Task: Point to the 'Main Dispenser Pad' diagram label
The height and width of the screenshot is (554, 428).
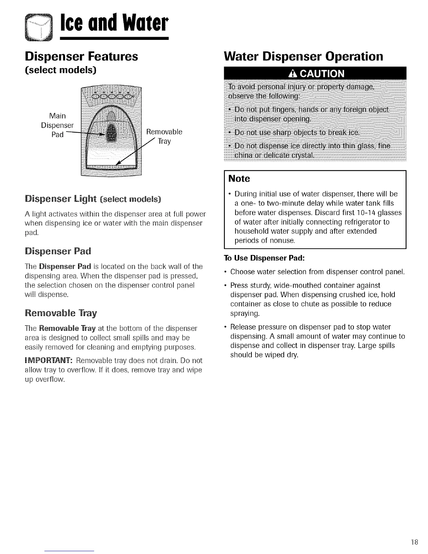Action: pyautogui.click(x=57, y=125)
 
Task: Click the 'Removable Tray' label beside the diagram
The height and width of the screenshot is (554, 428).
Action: pyautogui.click(x=164, y=136)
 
